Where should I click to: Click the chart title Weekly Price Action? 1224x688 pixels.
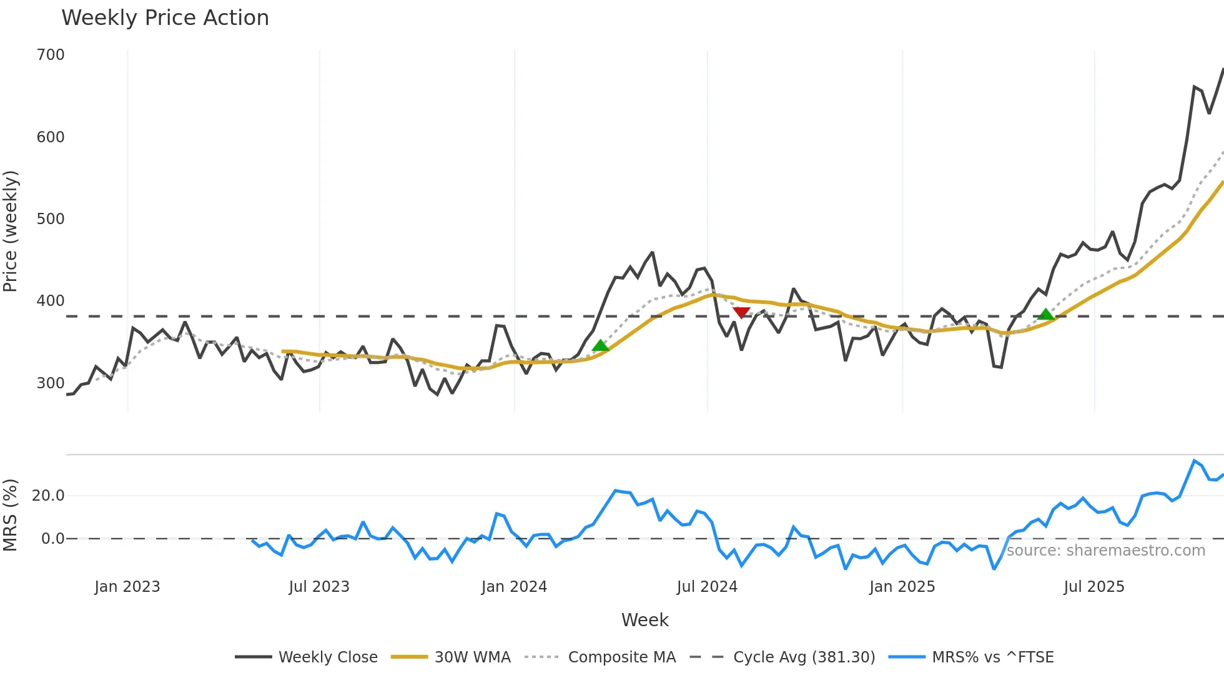coord(165,18)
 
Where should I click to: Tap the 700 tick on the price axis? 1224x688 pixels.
coord(51,55)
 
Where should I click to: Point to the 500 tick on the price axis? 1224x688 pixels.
coord(51,219)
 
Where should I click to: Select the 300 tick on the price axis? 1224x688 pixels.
coord(51,383)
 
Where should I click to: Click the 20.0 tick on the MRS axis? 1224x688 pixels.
coord(48,496)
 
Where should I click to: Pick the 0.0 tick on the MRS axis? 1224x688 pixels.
coord(52,539)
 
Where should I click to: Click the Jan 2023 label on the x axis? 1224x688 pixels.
coord(127,587)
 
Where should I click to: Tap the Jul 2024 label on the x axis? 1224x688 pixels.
coord(707,587)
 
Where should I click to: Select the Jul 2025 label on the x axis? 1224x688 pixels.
coord(1094,587)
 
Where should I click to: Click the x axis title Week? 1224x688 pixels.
coord(644,620)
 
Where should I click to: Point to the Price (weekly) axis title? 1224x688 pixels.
coord(11,231)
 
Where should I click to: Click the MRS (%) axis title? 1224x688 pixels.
coord(11,515)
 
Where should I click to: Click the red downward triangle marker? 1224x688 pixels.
coord(741,312)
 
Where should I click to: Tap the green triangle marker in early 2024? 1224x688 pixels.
coord(600,346)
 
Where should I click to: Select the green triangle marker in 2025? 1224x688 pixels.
coord(1045,315)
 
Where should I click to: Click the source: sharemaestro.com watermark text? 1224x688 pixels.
coord(1106,551)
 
